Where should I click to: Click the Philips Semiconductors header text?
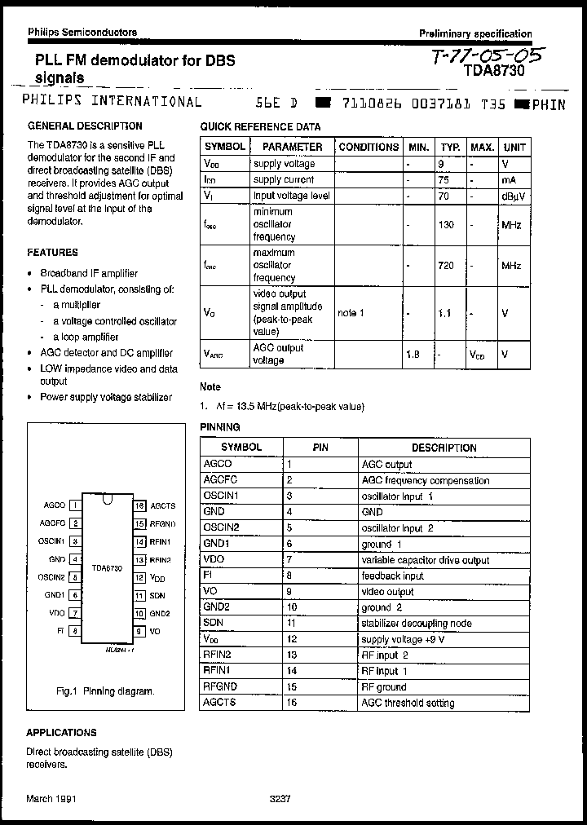click(82, 33)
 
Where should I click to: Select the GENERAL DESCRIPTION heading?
click(85, 126)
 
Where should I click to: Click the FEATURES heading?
click(53, 253)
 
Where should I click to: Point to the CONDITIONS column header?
click(369, 147)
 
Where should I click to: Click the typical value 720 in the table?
click(446, 266)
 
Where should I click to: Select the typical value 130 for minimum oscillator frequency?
click(446, 224)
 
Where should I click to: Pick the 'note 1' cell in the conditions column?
click(351, 313)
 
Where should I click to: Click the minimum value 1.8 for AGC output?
click(413, 355)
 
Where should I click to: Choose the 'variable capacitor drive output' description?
click(425, 560)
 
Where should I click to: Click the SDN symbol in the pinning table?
click(214, 624)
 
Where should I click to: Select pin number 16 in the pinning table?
click(290, 703)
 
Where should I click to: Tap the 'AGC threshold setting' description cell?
click(408, 703)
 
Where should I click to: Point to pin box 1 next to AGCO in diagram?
click(75, 505)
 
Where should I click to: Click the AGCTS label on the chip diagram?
click(162, 505)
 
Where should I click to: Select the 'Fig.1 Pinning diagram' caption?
click(104, 691)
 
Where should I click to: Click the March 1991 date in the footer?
click(51, 800)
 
